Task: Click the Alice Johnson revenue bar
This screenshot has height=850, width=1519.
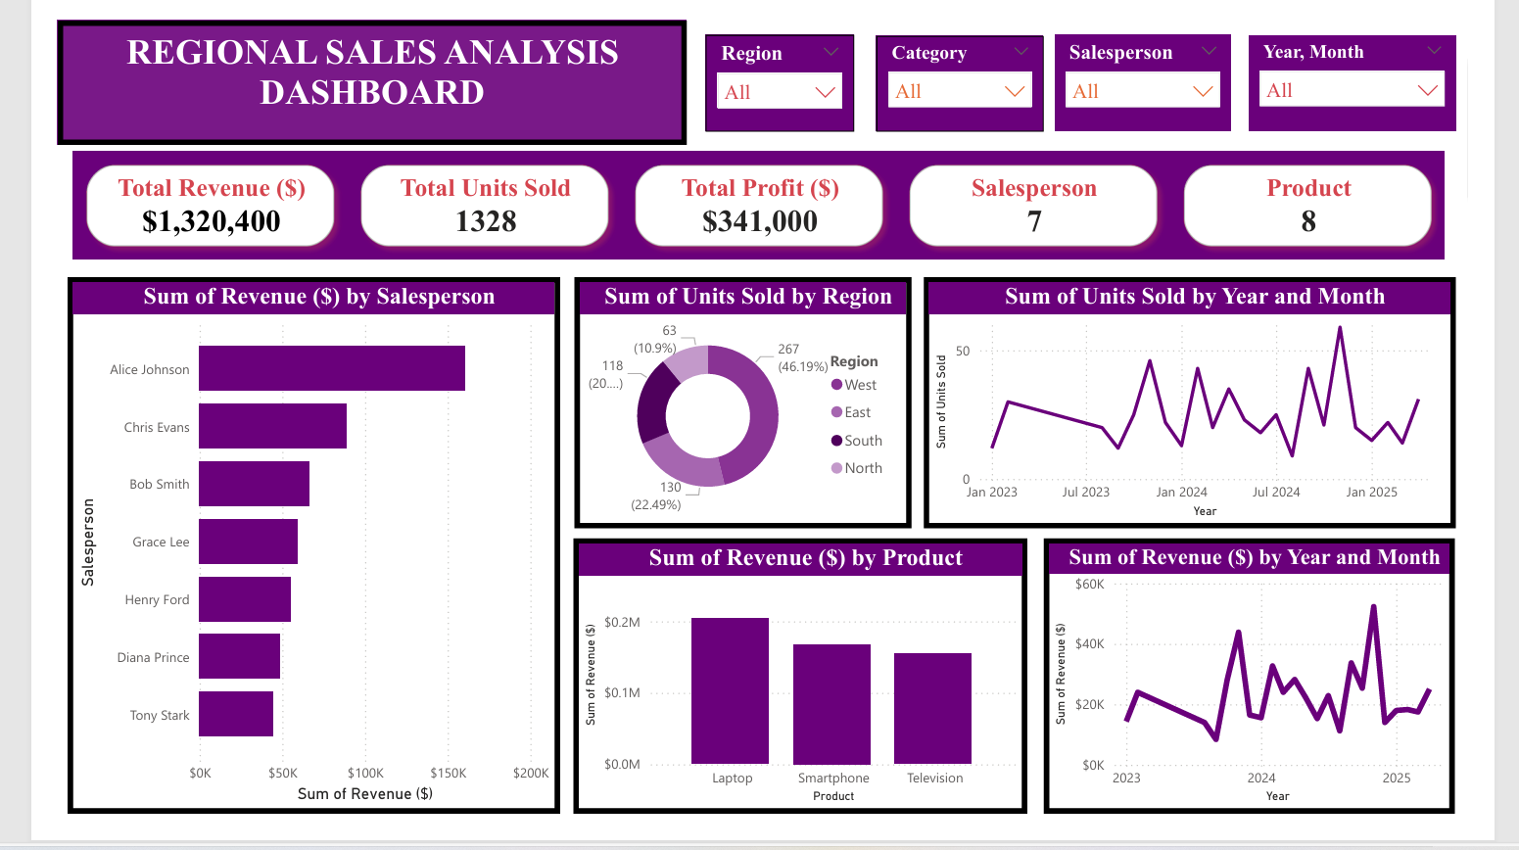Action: point(331,368)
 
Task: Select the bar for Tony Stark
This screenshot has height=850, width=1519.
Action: point(236,714)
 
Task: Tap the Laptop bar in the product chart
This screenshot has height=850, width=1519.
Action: point(730,690)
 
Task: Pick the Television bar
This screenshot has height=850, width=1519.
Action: point(932,708)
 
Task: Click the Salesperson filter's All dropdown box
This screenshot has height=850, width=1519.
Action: point(1142,91)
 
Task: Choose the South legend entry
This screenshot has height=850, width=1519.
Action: point(857,441)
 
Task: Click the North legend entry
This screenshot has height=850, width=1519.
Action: point(857,468)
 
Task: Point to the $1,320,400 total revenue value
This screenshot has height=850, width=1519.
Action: point(212,221)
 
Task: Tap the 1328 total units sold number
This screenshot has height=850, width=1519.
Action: point(486,221)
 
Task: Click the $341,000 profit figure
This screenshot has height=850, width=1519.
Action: point(760,221)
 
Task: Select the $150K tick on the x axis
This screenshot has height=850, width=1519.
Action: point(449,773)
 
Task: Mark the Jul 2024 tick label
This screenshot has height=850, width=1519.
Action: point(1276,492)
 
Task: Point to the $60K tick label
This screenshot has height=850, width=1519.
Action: point(1089,584)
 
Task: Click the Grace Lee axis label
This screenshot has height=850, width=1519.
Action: point(161,542)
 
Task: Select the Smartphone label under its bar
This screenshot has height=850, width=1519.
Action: point(833,778)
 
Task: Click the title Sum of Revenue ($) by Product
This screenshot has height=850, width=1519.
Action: point(805,557)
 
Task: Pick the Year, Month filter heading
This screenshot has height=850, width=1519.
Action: point(1313,52)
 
